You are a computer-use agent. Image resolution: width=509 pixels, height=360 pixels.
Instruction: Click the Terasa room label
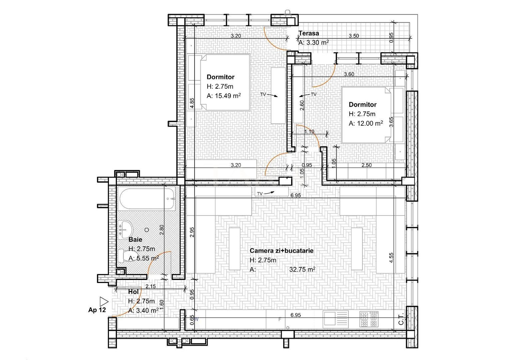tap(308, 33)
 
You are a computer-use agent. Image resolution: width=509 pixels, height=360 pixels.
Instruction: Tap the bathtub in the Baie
tap(147, 199)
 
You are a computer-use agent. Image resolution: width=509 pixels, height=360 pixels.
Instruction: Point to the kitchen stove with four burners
tap(369, 319)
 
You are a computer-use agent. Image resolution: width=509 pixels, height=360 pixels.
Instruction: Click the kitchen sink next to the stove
tap(336, 319)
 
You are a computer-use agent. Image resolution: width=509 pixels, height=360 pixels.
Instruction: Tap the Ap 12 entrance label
tap(97, 310)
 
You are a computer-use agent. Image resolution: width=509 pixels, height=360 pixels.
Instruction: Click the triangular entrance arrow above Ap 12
tap(104, 301)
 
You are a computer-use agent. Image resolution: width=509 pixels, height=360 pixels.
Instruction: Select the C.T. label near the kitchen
tap(401, 319)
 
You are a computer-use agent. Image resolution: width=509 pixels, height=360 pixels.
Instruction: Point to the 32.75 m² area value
tap(302, 270)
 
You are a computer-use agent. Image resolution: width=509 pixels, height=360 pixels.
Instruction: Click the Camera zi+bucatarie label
tap(281, 251)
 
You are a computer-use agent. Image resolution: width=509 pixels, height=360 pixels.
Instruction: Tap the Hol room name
tap(133, 292)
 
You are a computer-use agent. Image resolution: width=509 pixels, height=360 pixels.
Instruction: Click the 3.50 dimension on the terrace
tap(354, 36)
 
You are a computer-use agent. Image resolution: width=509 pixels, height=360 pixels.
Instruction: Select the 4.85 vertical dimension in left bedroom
tap(192, 103)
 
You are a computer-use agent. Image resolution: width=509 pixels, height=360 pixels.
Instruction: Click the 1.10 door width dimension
tap(309, 132)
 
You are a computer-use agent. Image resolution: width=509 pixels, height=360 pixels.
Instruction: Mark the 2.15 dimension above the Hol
tap(151, 286)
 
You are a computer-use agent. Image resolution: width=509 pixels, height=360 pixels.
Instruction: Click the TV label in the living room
tap(260, 194)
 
